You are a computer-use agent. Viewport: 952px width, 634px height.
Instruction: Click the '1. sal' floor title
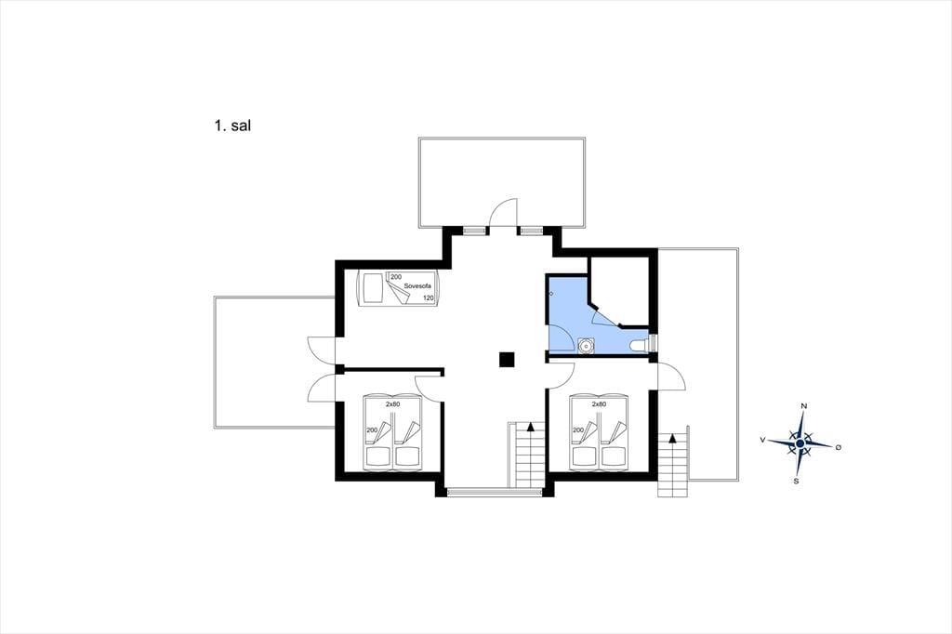pyautogui.click(x=232, y=125)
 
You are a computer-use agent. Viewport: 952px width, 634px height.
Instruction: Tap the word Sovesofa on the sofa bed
pyautogui.click(x=417, y=286)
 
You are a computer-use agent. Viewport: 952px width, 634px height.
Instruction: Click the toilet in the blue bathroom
pyautogui.click(x=640, y=345)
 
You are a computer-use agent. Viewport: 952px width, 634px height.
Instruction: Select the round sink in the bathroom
pyautogui.click(x=586, y=345)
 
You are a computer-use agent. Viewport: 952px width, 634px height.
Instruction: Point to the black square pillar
pyautogui.click(x=507, y=360)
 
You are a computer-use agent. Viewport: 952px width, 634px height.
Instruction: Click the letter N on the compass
pyautogui.click(x=804, y=405)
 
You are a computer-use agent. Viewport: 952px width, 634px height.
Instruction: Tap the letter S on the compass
pyautogui.click(x=796, y=482)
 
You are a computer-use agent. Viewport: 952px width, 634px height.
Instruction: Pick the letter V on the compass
pyautogui.click(x=762, y=440)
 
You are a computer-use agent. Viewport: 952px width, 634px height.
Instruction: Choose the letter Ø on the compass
pyautogui.click(x=839, y=447)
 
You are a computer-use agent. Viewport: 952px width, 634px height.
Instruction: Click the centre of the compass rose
pyautogui.click(x=800, y=444)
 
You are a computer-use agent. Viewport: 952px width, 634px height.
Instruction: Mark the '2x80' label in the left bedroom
pyautogui.click(x=393, y=403)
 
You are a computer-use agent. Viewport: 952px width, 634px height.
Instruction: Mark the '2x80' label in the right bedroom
pyautogui.click(x=599, y=403)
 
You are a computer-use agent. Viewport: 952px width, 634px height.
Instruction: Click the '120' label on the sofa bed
pyautogui.click(x=428, y=298)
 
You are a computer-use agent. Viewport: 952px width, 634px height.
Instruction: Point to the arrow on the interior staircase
pyautogui.click(x=531, y=427)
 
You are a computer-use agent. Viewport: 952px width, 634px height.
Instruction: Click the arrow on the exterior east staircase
pyautogui.click(x=673, y=437)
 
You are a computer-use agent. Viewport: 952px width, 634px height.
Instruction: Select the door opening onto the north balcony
pyautogui.click(x=503, y=213)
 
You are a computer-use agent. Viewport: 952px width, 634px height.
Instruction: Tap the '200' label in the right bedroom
pyautogui.click(x=578, y=430)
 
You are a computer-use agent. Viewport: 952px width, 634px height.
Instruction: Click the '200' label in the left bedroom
pyautogui.click(x=372, y=430)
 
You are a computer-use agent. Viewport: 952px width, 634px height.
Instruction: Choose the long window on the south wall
pyautogui.click(x=496, y=491)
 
